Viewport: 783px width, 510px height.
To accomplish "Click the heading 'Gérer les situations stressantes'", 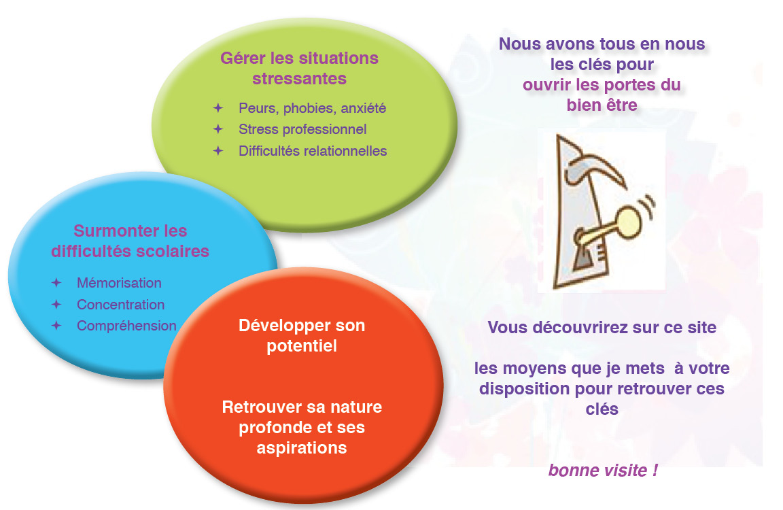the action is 300,69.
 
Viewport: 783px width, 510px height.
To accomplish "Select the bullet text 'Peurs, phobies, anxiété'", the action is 312,108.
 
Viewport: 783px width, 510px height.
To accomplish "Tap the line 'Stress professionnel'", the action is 302,129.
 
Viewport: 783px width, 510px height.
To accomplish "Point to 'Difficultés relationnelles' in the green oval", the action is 313,151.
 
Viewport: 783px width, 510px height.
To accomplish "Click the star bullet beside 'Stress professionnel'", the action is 218,129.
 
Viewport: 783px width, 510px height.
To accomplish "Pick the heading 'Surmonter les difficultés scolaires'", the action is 130,241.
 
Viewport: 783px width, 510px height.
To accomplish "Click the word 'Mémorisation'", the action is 120,283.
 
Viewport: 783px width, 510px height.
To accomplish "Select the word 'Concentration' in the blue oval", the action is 121,304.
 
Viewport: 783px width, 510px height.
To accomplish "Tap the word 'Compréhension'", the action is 127,326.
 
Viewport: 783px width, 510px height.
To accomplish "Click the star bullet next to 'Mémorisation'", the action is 56,283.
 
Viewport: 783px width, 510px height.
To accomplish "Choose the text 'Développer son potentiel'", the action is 302,335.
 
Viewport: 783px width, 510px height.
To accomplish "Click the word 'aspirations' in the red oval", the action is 302,448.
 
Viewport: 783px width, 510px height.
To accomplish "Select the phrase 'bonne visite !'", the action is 603,471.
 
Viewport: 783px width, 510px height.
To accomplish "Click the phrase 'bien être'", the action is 602,105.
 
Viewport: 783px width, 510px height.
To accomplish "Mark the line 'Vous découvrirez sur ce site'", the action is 602,328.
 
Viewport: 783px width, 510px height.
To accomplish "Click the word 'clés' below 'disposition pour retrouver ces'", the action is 602,409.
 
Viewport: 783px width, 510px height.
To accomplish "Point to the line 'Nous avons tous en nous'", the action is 602,44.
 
